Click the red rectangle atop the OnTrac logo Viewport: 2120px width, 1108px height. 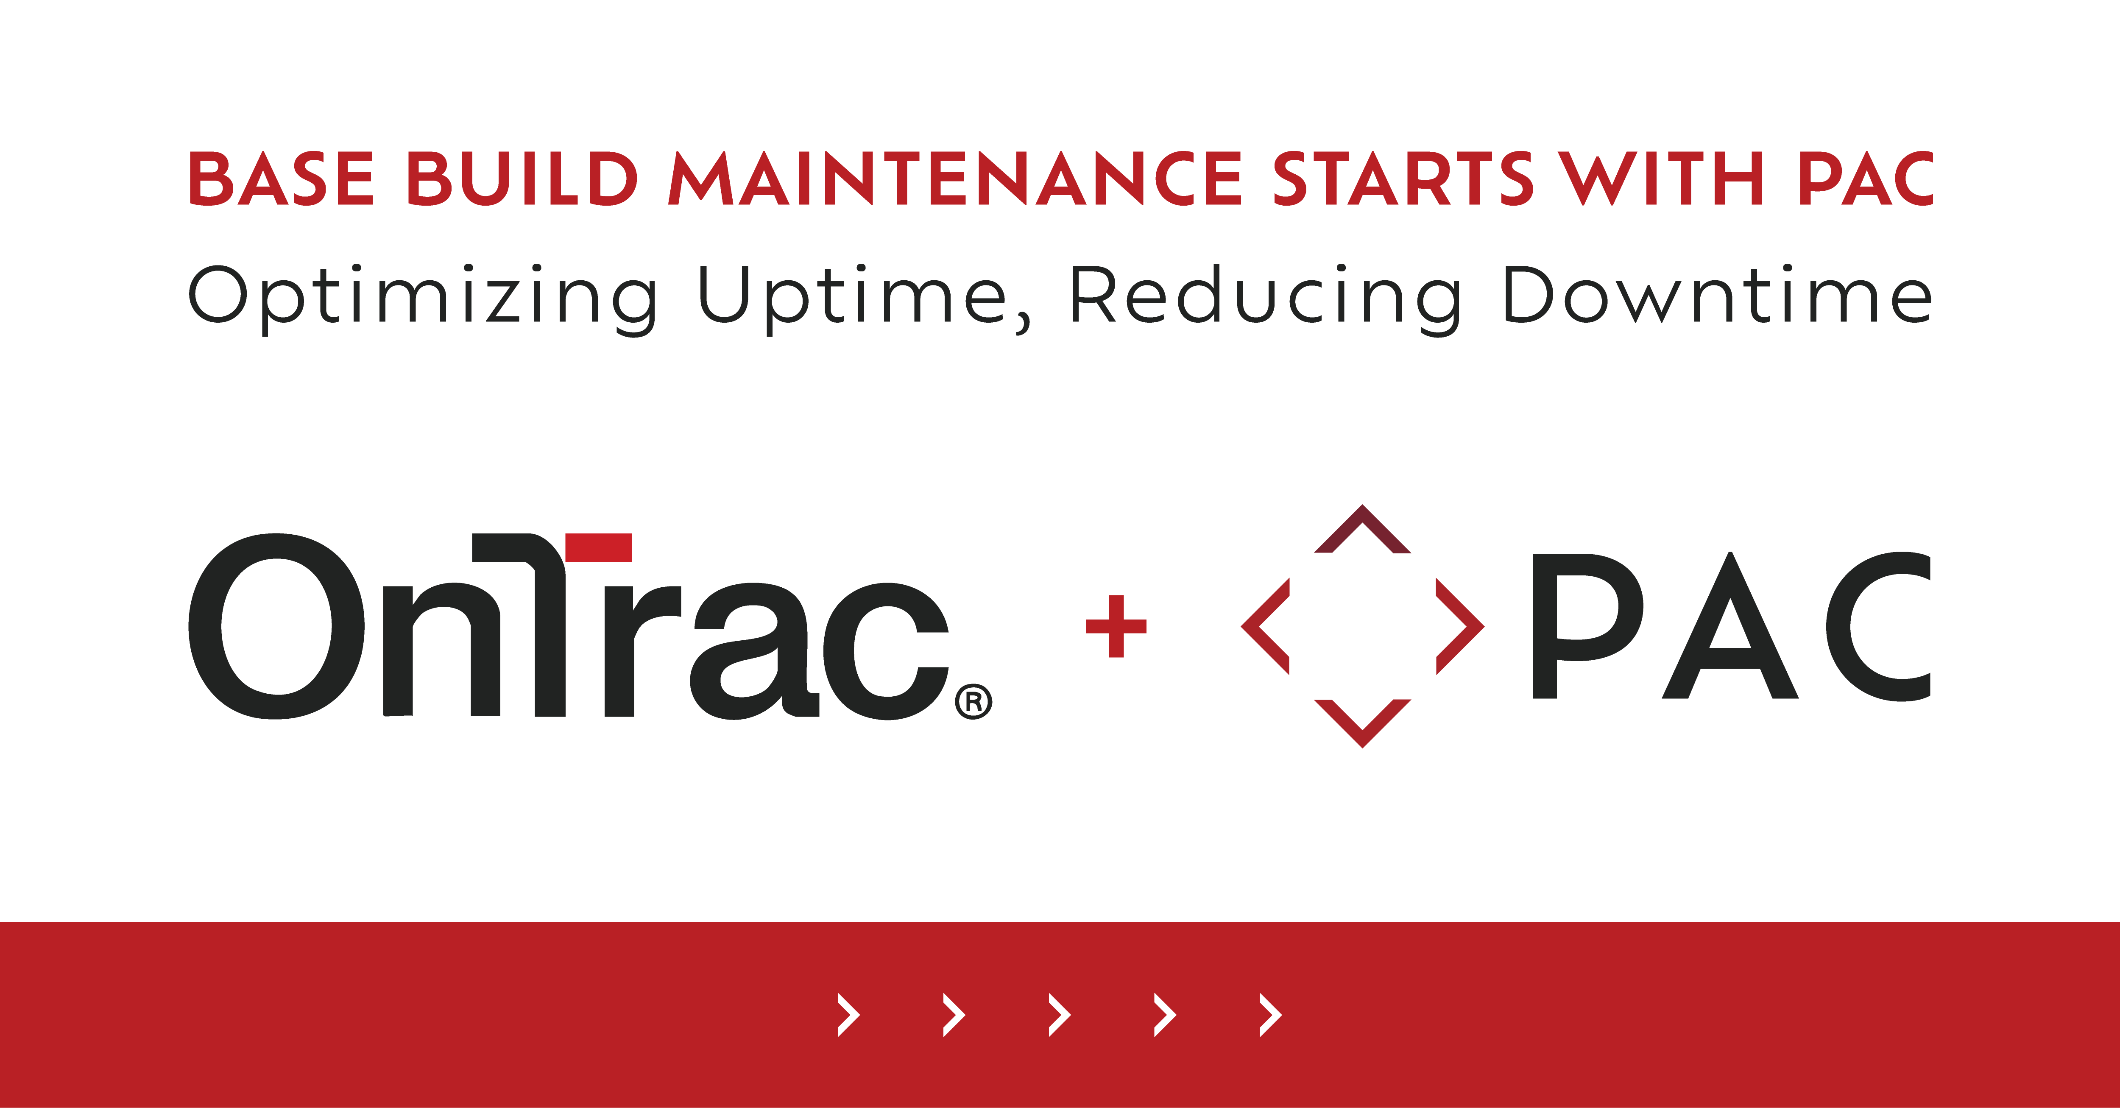point(598,547)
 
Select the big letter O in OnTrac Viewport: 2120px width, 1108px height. point(276,625)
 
